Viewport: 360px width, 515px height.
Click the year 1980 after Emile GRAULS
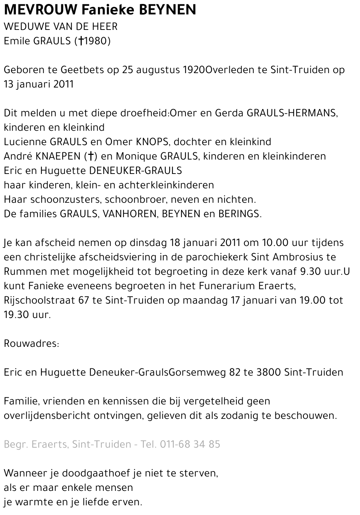click(x=95, y=41)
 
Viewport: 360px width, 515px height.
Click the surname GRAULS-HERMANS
click(x=292, y=113)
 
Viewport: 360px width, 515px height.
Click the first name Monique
click(x=137, y=156)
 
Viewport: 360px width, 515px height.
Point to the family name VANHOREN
click(x=130, y=214)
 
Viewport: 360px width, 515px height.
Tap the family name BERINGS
click(x=239, y=214)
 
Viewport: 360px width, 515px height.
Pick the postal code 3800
click(x=269, y=372)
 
